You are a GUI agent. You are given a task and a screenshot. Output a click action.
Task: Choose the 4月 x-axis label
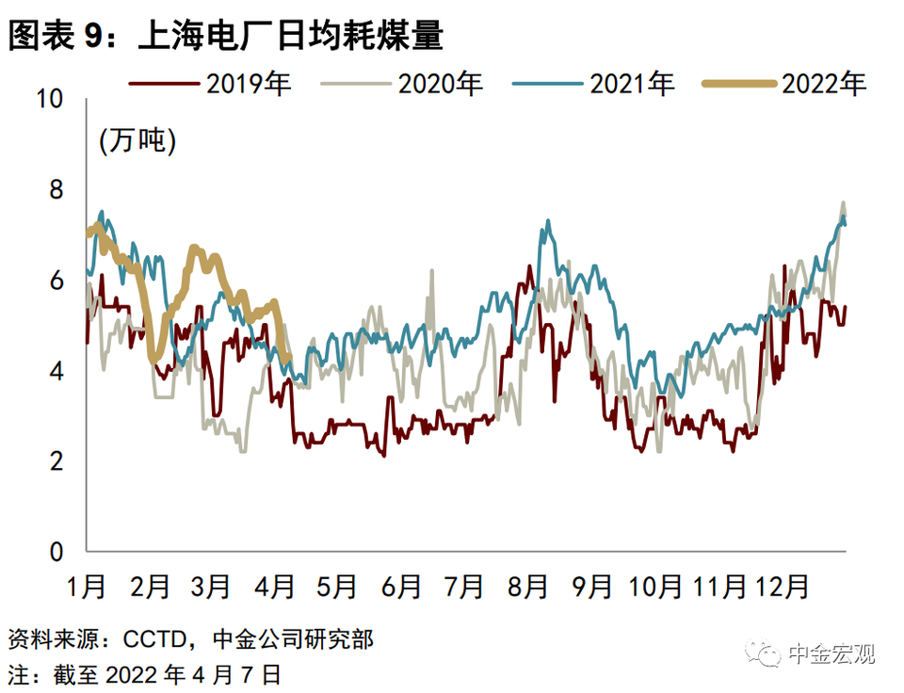coord(275,586)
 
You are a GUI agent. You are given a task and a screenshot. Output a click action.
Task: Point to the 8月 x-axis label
coord(527,586)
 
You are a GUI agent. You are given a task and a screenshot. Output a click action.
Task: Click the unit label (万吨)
coord(137,143)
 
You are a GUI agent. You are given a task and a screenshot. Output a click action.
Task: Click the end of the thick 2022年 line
coord(287,358)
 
